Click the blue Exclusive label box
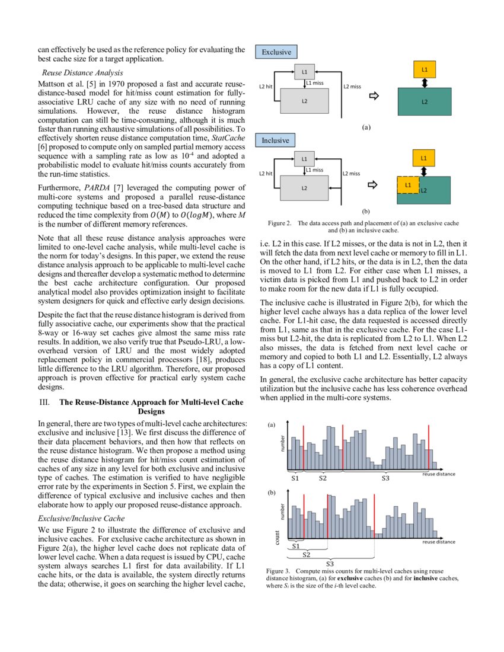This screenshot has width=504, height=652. (x=276, y=52)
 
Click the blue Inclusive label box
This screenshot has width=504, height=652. (x=276, y=140)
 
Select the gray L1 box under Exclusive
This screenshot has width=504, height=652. (x=304, y=72)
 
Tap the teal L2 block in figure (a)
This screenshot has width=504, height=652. (x=425, y=101)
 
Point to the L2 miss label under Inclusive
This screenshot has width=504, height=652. (x=352, y=174)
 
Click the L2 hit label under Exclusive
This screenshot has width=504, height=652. (x=266, y=87)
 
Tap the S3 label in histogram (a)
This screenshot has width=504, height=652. (x=385, y=478)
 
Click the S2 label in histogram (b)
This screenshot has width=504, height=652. (x=307, y=555)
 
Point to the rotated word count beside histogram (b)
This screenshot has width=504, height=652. (x=277, y=537)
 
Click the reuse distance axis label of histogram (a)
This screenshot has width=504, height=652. (x=439, y=474)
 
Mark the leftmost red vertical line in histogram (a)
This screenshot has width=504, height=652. (x=303, y=446)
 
